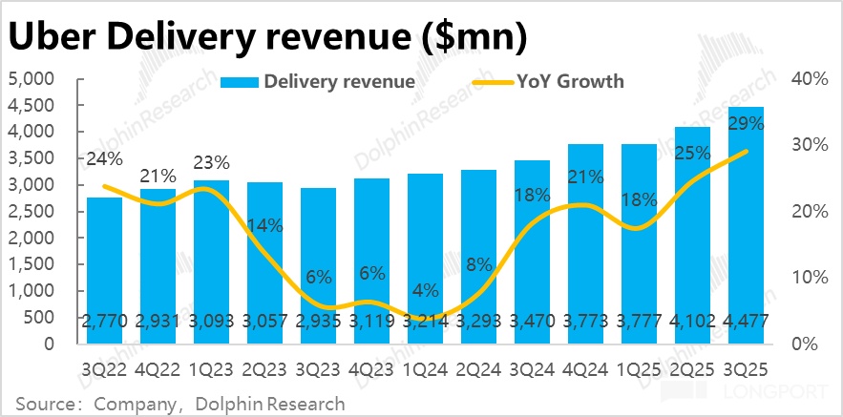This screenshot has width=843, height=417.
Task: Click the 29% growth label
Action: click(x=745, y=122)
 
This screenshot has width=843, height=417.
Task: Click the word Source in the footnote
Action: click(x=43, y=404)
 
